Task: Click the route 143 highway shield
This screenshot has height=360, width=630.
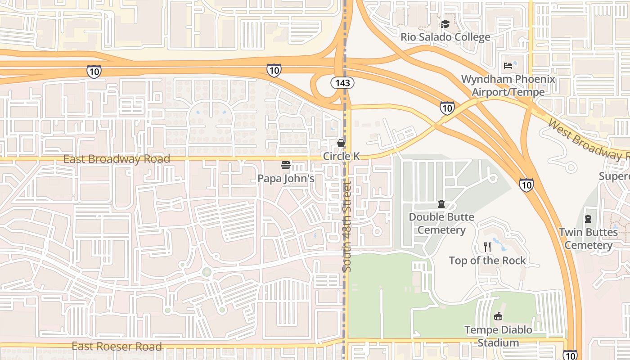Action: [342, 83]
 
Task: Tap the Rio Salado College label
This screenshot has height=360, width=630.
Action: [445, 37]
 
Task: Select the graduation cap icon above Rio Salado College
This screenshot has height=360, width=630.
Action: [445, 24]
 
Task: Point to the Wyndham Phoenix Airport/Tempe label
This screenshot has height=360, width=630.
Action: [508, 85]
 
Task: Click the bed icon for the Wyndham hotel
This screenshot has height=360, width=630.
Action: [508, 66]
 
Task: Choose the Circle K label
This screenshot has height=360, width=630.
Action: [342, 156]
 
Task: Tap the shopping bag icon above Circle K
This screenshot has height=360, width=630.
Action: [342, 143]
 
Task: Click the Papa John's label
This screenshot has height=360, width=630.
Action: [286, 178]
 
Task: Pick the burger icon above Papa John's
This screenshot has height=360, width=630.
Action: [286, 165]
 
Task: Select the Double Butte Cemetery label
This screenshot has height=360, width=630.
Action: [441, 224]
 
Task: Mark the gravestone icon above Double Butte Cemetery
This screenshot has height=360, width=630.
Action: [441, 204]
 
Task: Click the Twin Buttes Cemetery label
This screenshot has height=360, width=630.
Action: [588, 238]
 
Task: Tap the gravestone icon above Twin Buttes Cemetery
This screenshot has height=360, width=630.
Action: [588, 219]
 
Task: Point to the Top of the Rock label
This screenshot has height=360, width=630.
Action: [487, 261]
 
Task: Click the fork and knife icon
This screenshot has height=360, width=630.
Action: [487, 247]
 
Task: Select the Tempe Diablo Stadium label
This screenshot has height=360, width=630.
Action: [498, 336]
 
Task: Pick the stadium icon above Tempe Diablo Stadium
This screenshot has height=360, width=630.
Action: [498, 316]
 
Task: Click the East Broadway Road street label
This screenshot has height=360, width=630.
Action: [117, 159]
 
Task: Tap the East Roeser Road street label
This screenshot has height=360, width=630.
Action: [117, 346]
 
